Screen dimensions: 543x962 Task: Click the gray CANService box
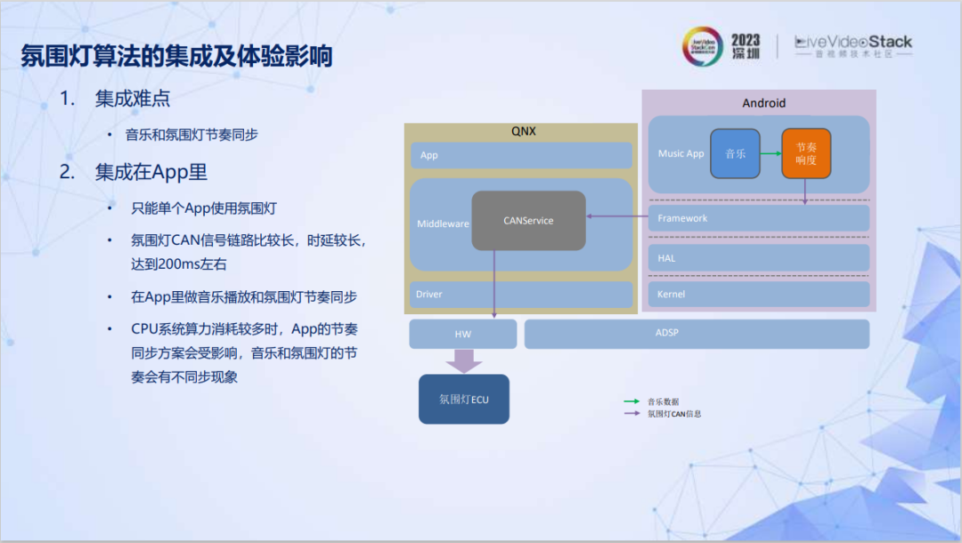pyautogui.click(x=528, y=220)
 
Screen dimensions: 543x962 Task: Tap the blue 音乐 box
pyautogui.click(x=735, y=153)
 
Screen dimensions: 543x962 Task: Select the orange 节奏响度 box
pyautogui.click(x=805, y=153)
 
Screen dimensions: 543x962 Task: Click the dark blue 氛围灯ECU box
pyautogui.click(x=464, y=399)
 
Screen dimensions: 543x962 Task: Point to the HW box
pyautogui.click(x=462, y=334)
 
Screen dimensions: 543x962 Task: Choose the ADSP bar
pyautogui.click(x=696, y=334)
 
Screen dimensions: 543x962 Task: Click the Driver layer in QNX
pyautogui.click(x=521, y=295)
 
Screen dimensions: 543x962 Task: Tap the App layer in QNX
pyautogui.click(x=521, y=155)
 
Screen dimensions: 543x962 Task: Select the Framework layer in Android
pyautogui.click(x=758, y=218)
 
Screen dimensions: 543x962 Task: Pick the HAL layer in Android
pyautogui.click(x=758, y=258)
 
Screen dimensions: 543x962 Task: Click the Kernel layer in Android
pyautogui.click(x=758, y=295)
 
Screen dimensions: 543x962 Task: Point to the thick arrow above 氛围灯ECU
pyautogui.click(x=463, y=361)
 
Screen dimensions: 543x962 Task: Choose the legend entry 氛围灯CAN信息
pyautogui.click(x=674, y=414)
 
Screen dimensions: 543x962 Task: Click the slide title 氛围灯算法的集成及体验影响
pyautogui.click(x=176, y=57)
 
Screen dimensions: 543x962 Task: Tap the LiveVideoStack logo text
pyautogui.click(x=853, y=43)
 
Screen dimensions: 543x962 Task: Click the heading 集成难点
pyautogui.click(x=133, y=99)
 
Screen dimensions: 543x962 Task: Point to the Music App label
pyautogui.click(x=681, y=153)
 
